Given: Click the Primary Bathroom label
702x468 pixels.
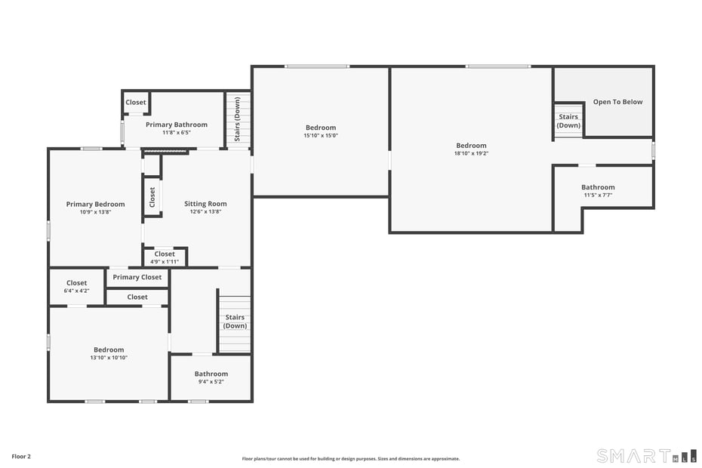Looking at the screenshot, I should (176, 125).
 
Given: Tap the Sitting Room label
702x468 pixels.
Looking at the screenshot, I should (205, 204).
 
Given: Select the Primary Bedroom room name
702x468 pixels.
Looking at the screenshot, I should (95, 204).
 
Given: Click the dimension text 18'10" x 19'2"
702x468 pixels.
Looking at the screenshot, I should (471, 153).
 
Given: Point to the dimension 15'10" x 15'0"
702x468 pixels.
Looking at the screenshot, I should (320, 136).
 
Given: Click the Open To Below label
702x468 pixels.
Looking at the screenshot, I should (617, 102).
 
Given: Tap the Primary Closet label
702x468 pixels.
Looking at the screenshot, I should (137, 277).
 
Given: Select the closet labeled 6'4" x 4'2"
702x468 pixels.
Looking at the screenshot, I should (76, 287).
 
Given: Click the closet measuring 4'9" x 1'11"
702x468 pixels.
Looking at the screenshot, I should (165, 257).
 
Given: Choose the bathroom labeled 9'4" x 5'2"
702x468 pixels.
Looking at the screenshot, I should (211, 377).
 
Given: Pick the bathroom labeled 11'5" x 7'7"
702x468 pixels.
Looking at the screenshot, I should (598, 191).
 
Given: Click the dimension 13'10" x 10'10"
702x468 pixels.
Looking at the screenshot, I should (109, 358).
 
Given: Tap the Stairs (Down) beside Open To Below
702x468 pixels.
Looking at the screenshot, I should (568, 121).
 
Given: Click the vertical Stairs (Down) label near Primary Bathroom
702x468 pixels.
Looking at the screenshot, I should (237, 119).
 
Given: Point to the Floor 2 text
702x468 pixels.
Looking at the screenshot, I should (21, 456).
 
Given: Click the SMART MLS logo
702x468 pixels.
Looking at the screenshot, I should (646, 456).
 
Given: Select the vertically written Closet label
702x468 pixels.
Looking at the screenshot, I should (152, 197).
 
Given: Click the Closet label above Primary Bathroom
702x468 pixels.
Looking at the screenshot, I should (136, 103).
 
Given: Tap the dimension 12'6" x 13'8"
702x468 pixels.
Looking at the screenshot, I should (205, 212).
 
